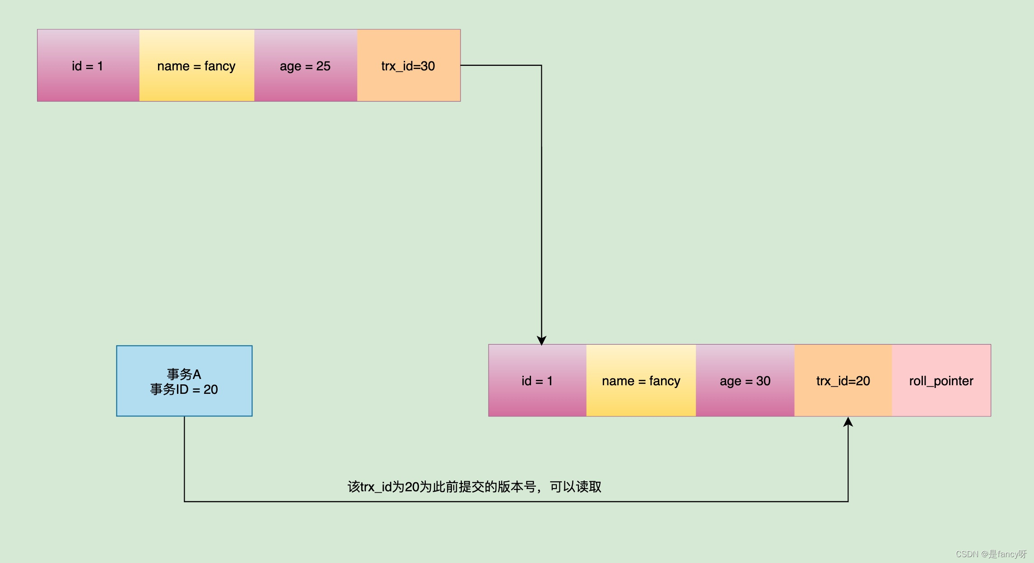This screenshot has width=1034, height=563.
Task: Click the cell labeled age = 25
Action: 305,66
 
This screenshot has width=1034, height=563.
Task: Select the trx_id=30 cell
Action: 408,66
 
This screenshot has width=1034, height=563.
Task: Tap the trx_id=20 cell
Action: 843,381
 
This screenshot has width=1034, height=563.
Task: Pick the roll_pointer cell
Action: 941,381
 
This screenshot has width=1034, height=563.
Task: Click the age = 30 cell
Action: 745,381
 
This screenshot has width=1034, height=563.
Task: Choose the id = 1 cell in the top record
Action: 88,66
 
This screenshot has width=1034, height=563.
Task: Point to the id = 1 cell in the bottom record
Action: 537,381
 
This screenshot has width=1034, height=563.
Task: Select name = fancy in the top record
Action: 196,66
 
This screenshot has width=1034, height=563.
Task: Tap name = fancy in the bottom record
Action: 641,381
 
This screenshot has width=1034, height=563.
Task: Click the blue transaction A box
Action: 184,381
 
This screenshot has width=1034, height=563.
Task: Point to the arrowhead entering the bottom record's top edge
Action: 541,341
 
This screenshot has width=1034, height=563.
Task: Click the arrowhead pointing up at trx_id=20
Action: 848,422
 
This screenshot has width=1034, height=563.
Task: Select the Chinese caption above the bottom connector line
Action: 474,487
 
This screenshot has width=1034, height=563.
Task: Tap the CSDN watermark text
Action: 991,554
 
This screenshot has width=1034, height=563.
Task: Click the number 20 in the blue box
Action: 210,389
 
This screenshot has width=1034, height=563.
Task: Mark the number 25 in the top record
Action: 323,66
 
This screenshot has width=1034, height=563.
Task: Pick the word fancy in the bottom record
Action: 665,381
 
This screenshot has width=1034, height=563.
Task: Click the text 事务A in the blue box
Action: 184,374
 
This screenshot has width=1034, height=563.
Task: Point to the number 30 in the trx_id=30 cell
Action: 428,66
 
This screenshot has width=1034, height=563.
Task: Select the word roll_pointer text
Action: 941,381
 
